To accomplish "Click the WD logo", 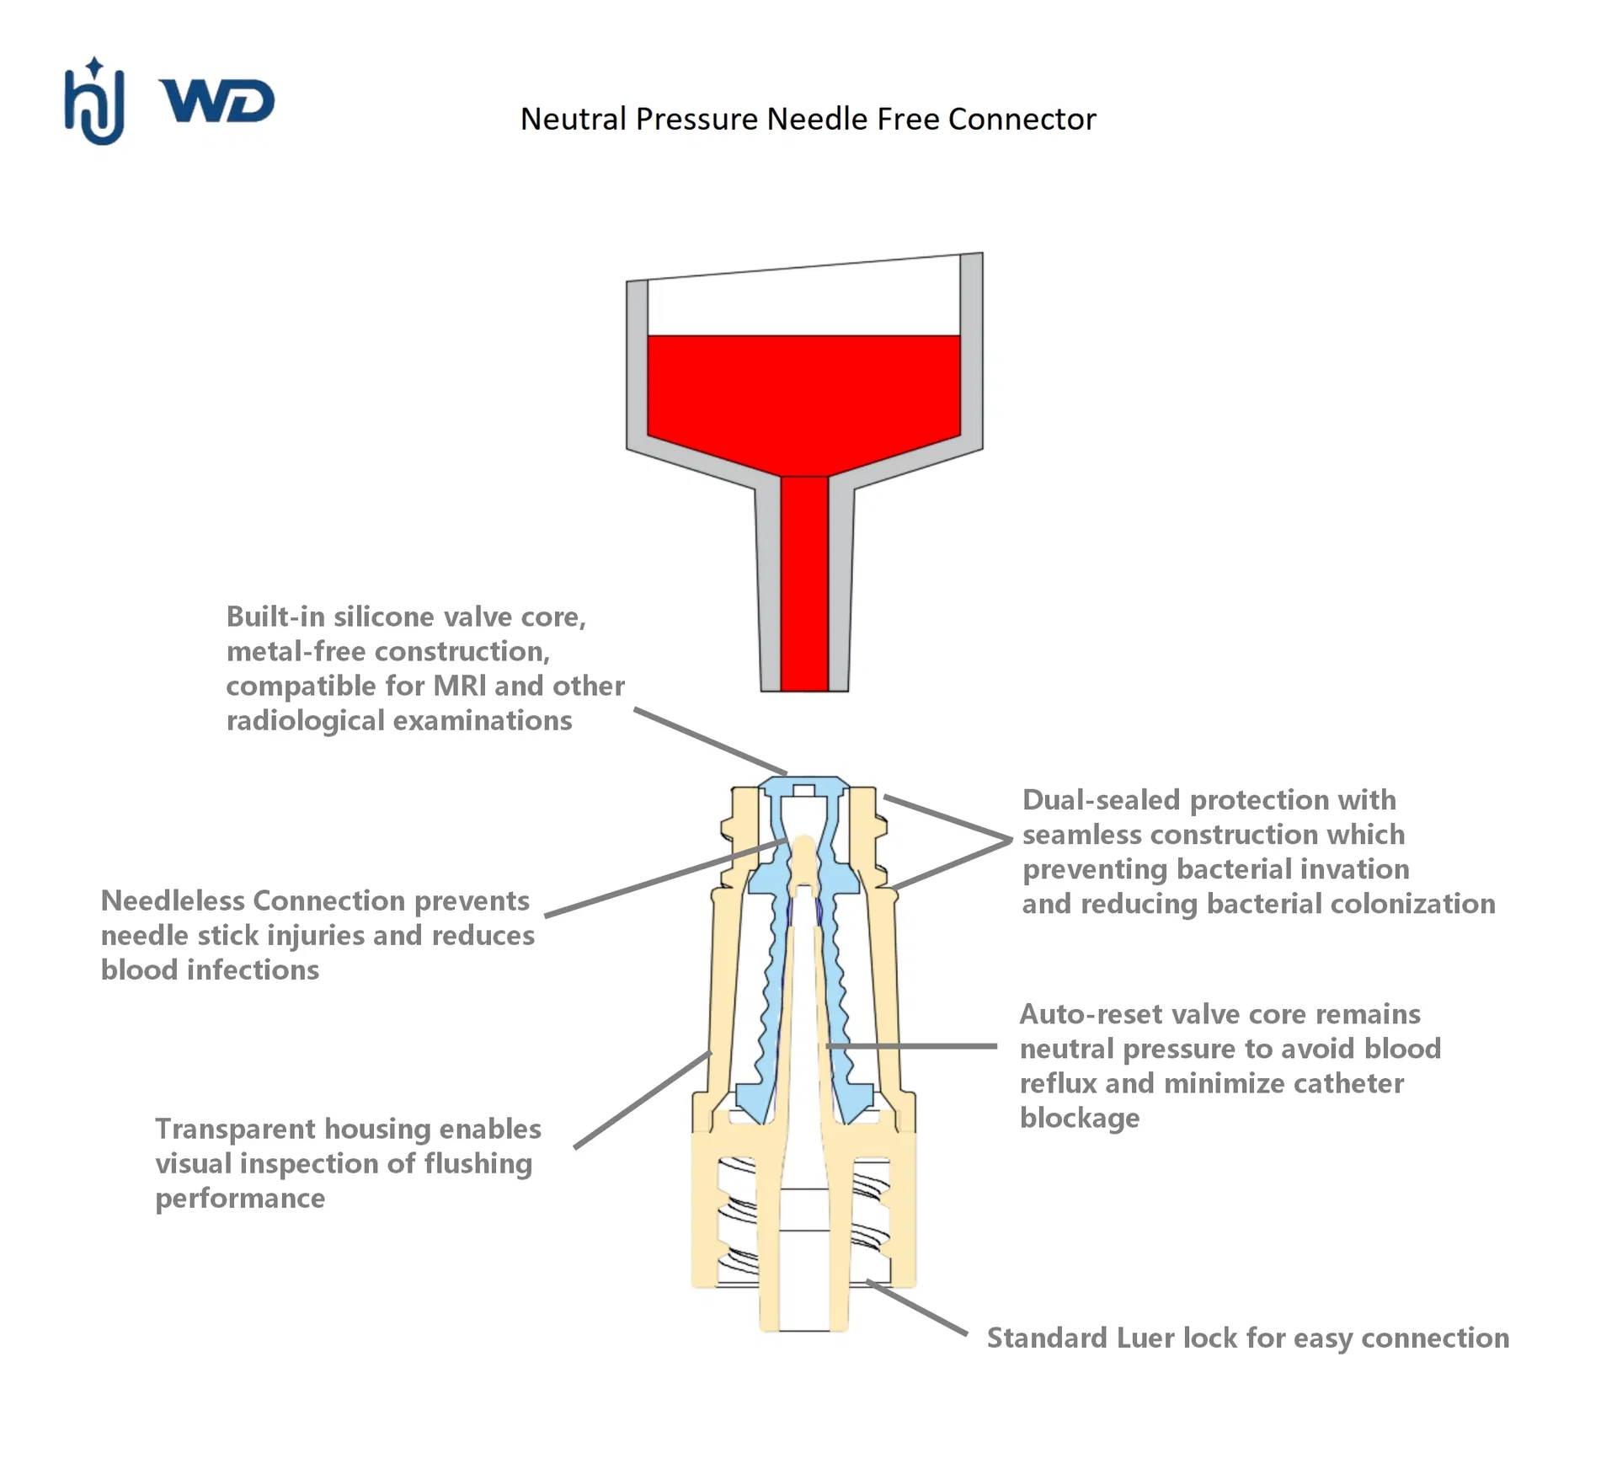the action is tap(217, 102).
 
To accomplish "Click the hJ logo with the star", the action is tap(94, 101).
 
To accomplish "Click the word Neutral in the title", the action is tap(574, 119).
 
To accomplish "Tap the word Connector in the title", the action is tap(1022, 119).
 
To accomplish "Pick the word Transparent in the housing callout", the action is tap(235, 1129).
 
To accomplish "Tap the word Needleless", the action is tap(173, 900).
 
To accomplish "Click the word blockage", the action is tap(1080, 1118).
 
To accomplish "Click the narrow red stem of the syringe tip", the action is tap(804, 584).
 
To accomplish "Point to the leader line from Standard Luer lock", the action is tap(917, 1308).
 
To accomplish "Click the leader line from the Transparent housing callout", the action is tap(643, 1099).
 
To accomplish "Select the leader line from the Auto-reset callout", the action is tap(912, 1046).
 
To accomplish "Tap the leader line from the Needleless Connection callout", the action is tap(666, 877).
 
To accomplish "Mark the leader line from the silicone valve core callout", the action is tap(711, 741).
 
